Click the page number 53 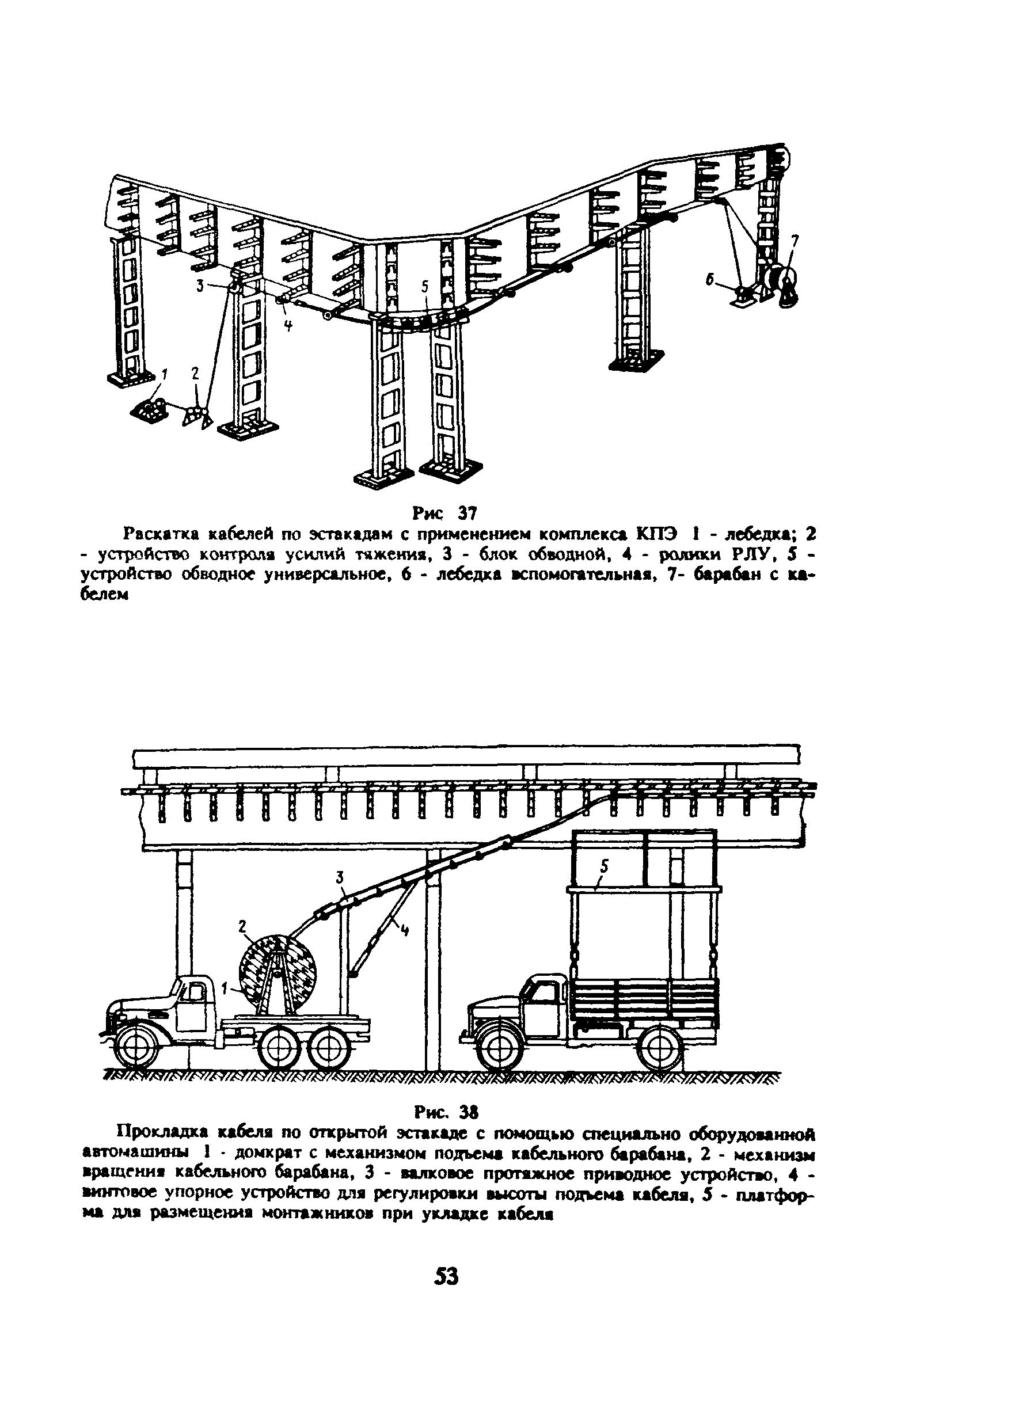(x=446, y=1277)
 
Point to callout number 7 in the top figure (x=795, y=240)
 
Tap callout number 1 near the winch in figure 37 (x=164, y=375)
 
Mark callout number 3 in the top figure (x=200, y=286)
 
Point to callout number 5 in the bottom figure (x=604, y=866)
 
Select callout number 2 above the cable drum (x=242, y=926)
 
